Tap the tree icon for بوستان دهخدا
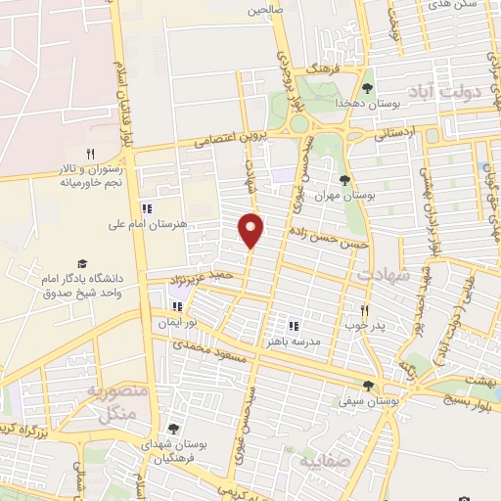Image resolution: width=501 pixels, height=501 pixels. coord(368,88)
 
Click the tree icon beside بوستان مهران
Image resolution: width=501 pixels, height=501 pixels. coord(344,180)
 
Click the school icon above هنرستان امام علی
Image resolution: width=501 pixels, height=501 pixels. coord(147,208)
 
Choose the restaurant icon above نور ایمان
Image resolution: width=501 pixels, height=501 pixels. coord(177,306)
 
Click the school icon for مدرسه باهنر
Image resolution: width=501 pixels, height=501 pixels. coord(293,326)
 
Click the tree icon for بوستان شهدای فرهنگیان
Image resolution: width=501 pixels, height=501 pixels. coord(173,429)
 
